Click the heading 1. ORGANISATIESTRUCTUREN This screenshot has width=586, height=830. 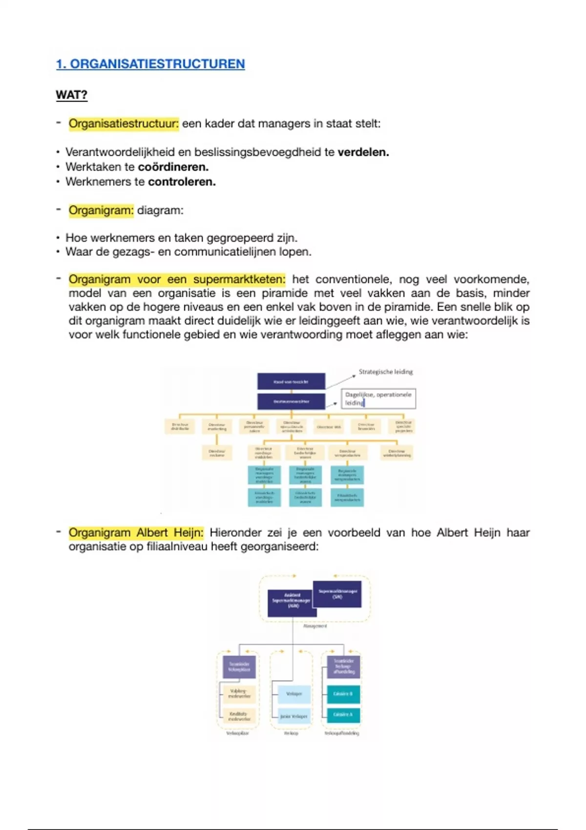[150, 64]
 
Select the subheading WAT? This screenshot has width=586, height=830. [71, 95]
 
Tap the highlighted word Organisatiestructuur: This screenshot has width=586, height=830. [124, 124]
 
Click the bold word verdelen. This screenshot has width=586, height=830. [363, 152]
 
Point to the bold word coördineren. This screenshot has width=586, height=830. [173, 167]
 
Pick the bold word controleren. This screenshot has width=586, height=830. [181, 182]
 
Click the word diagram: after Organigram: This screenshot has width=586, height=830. [160, 210]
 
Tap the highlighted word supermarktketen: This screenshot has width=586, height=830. [239, 279]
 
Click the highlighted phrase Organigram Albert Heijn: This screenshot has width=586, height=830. [135, 532]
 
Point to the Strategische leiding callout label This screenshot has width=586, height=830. [385, 372]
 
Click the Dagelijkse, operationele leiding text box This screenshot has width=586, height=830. [378, 398]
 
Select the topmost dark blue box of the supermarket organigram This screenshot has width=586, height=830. [291, 382]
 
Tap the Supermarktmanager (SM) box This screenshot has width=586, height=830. [337, 594]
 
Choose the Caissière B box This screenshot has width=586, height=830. [343, 694]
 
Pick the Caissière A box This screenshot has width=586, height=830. [343, 715]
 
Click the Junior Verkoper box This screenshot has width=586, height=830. [294, 716]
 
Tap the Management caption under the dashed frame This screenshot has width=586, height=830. [315, 626]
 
